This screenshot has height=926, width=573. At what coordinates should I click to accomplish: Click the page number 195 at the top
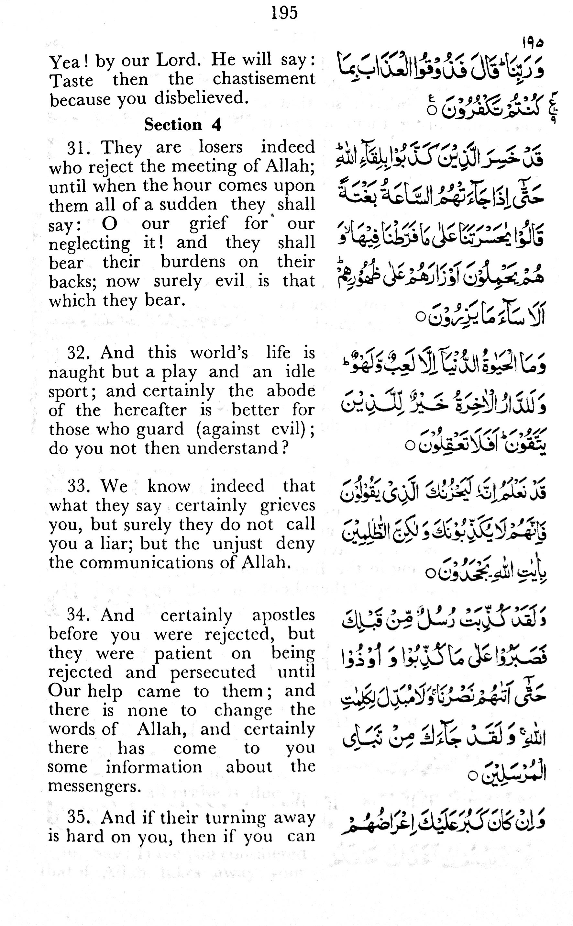click(285, 13)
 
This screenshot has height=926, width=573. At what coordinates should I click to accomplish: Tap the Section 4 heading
click(183, 124)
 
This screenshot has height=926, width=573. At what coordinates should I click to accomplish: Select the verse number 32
click(78, 353)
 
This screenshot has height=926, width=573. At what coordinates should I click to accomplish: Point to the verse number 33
click(78, 486)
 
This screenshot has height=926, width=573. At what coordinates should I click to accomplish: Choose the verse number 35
click(78, 818)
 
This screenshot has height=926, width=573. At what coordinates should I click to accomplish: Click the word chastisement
click(264, 79)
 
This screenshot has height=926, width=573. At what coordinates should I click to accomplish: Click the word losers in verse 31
click(221, 147)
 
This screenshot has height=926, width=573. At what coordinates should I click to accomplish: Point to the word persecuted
click(213, 672)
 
